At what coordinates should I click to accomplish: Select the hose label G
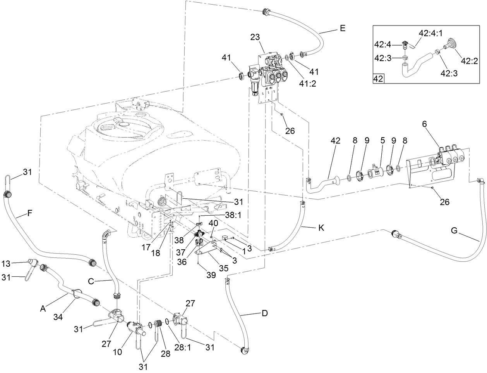click(x=454, y=231)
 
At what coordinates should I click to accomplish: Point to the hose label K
click(x=321, y=228)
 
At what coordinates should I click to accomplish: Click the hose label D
click(x=264, y=313)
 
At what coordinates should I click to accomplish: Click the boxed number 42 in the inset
click(x=378, y=79)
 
